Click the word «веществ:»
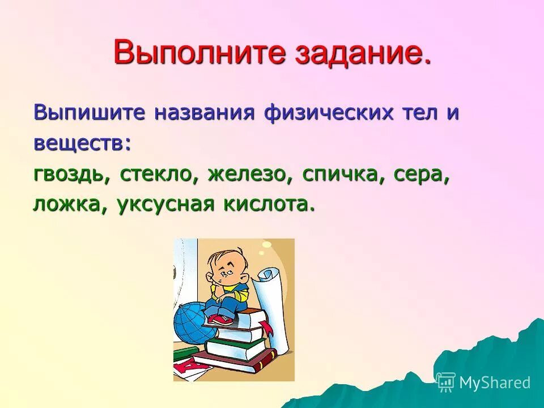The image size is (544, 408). pos(82,143)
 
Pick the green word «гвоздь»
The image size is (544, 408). pos(71,175)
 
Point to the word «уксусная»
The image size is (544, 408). pos(165,205)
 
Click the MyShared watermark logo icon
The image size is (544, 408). pos(445,382)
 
